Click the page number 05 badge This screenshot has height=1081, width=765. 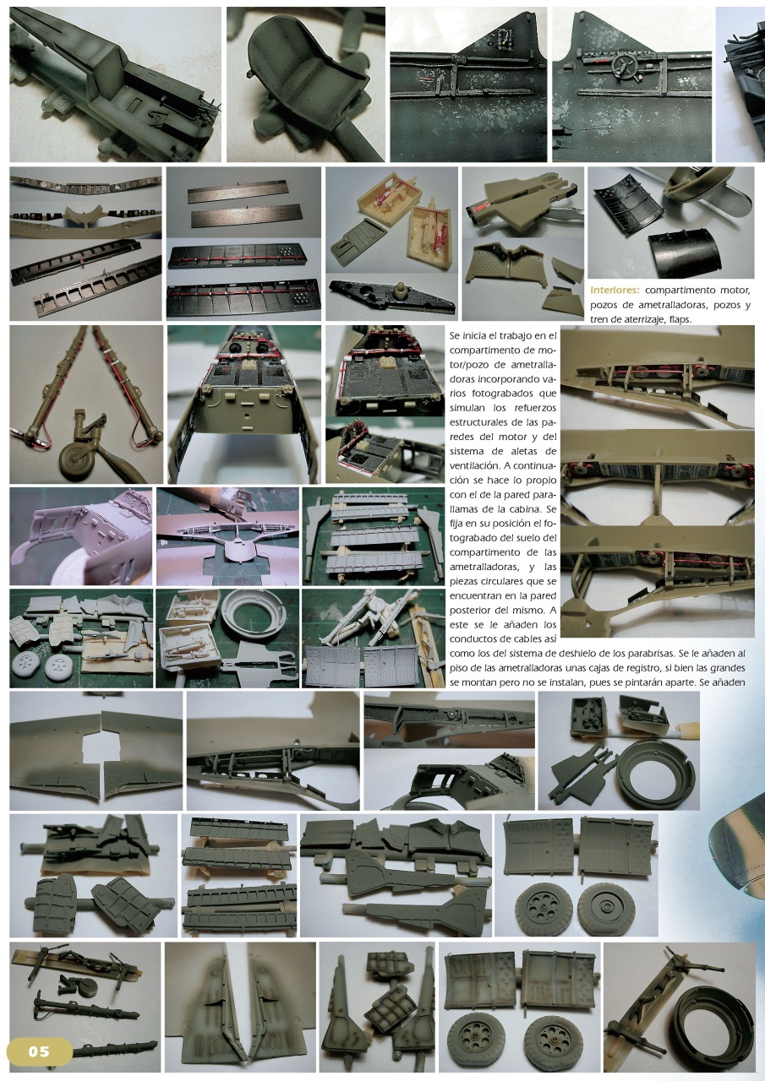point(39,1051)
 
